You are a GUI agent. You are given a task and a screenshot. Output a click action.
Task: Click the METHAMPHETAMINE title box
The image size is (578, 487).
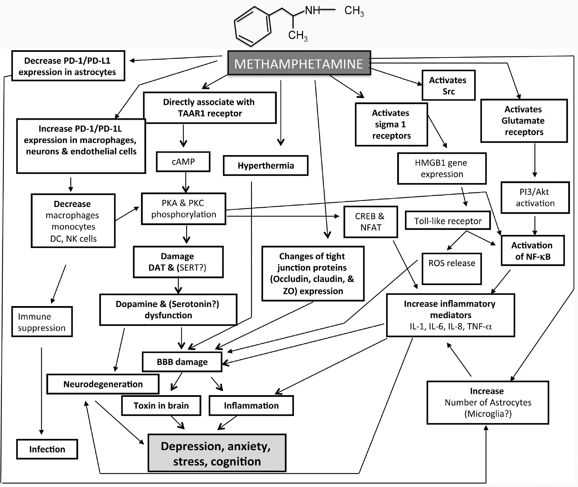(299, 63)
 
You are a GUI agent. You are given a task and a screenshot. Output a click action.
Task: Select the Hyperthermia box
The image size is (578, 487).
(266, 166)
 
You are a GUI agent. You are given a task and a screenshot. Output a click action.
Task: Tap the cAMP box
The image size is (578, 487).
(183, 162)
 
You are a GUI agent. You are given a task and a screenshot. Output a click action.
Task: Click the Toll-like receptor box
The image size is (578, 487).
(448, 221)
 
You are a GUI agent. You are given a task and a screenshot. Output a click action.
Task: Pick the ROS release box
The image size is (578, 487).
(451, 269)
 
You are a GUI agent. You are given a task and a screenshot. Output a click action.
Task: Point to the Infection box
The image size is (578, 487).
(47, 449)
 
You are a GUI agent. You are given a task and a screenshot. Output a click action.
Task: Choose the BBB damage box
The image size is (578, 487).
(182, 362)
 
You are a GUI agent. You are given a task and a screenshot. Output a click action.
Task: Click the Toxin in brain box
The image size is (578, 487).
(161, 405)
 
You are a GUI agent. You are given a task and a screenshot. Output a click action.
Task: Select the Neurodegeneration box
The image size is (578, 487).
(103, 384)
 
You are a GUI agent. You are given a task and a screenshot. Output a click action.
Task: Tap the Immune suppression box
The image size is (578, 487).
(42, 322)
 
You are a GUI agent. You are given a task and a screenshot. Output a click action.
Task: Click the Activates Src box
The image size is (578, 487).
(448, 86)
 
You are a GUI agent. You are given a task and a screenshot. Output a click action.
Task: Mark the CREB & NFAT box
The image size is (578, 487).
(370, 222)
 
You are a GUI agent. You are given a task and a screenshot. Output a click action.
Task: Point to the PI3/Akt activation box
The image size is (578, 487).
(535, 198)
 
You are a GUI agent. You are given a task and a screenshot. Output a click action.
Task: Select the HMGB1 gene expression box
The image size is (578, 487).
(442, 168)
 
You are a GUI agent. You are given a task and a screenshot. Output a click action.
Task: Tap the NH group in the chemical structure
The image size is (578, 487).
(312, 11)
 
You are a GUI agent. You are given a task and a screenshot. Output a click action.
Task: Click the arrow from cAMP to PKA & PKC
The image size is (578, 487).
(186, 182)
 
